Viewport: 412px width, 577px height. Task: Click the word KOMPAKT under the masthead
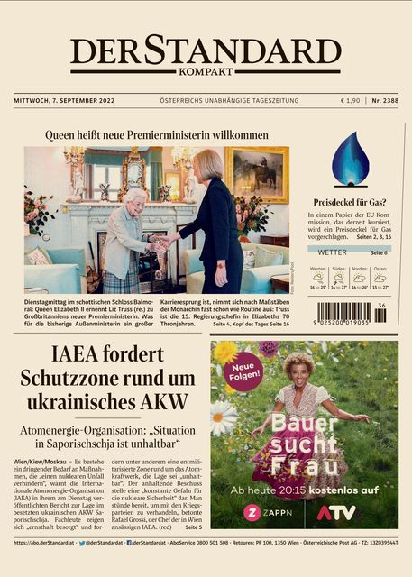[206, 71]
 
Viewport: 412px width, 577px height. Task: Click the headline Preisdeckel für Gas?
[350, 203]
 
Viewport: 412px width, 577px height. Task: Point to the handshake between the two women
[164, 242]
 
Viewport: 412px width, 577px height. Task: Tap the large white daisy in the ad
[222, 417]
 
